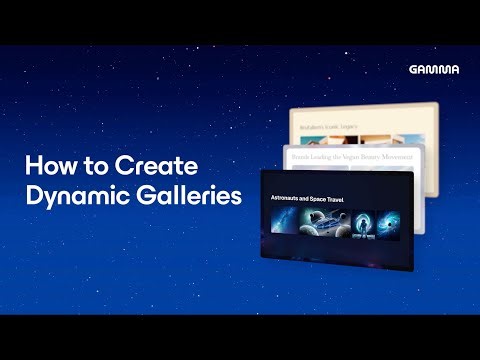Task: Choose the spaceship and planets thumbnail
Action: tap(327, 223)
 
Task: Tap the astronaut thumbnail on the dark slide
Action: tap(363, 223)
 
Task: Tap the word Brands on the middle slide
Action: tap(297, 156)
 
